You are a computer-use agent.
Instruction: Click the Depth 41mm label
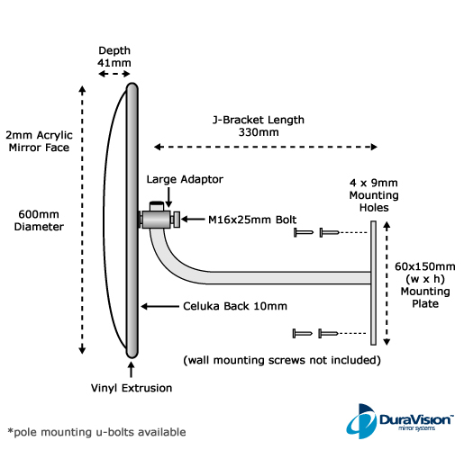[x=114, y=57]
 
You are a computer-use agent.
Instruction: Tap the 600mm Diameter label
[x=39, y=220]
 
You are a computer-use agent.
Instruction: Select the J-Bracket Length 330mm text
[x=259, y=126]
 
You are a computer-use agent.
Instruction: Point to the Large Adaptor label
[x=185, y=179]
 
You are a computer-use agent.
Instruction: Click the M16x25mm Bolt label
[x=252, y=220]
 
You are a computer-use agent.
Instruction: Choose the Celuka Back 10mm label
[x=235, y=306]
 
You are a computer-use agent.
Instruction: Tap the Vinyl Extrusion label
[x=132, y=388]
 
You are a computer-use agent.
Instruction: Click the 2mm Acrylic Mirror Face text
[x=39, y=141]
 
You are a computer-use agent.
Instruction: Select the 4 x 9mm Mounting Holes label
[x=374, y=195]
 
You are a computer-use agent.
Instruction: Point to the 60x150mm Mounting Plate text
[x=425, y=285]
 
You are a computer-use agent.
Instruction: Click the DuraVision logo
[x=400, y=421]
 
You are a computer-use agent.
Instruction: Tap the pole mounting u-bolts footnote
[x=96, y=432]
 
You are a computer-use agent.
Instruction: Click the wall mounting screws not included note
[x=282, y=360]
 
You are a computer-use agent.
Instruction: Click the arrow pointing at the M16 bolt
[x=193, y=220]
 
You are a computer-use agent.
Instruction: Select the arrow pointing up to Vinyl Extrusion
[x=131, y=369]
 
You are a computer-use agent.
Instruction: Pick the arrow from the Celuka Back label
[x=159, y=306]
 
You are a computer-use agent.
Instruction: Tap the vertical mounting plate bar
[x=373, y=283]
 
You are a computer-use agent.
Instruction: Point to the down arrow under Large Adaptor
[x=168, y=197]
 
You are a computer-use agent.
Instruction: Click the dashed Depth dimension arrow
[x=114, y=74]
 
